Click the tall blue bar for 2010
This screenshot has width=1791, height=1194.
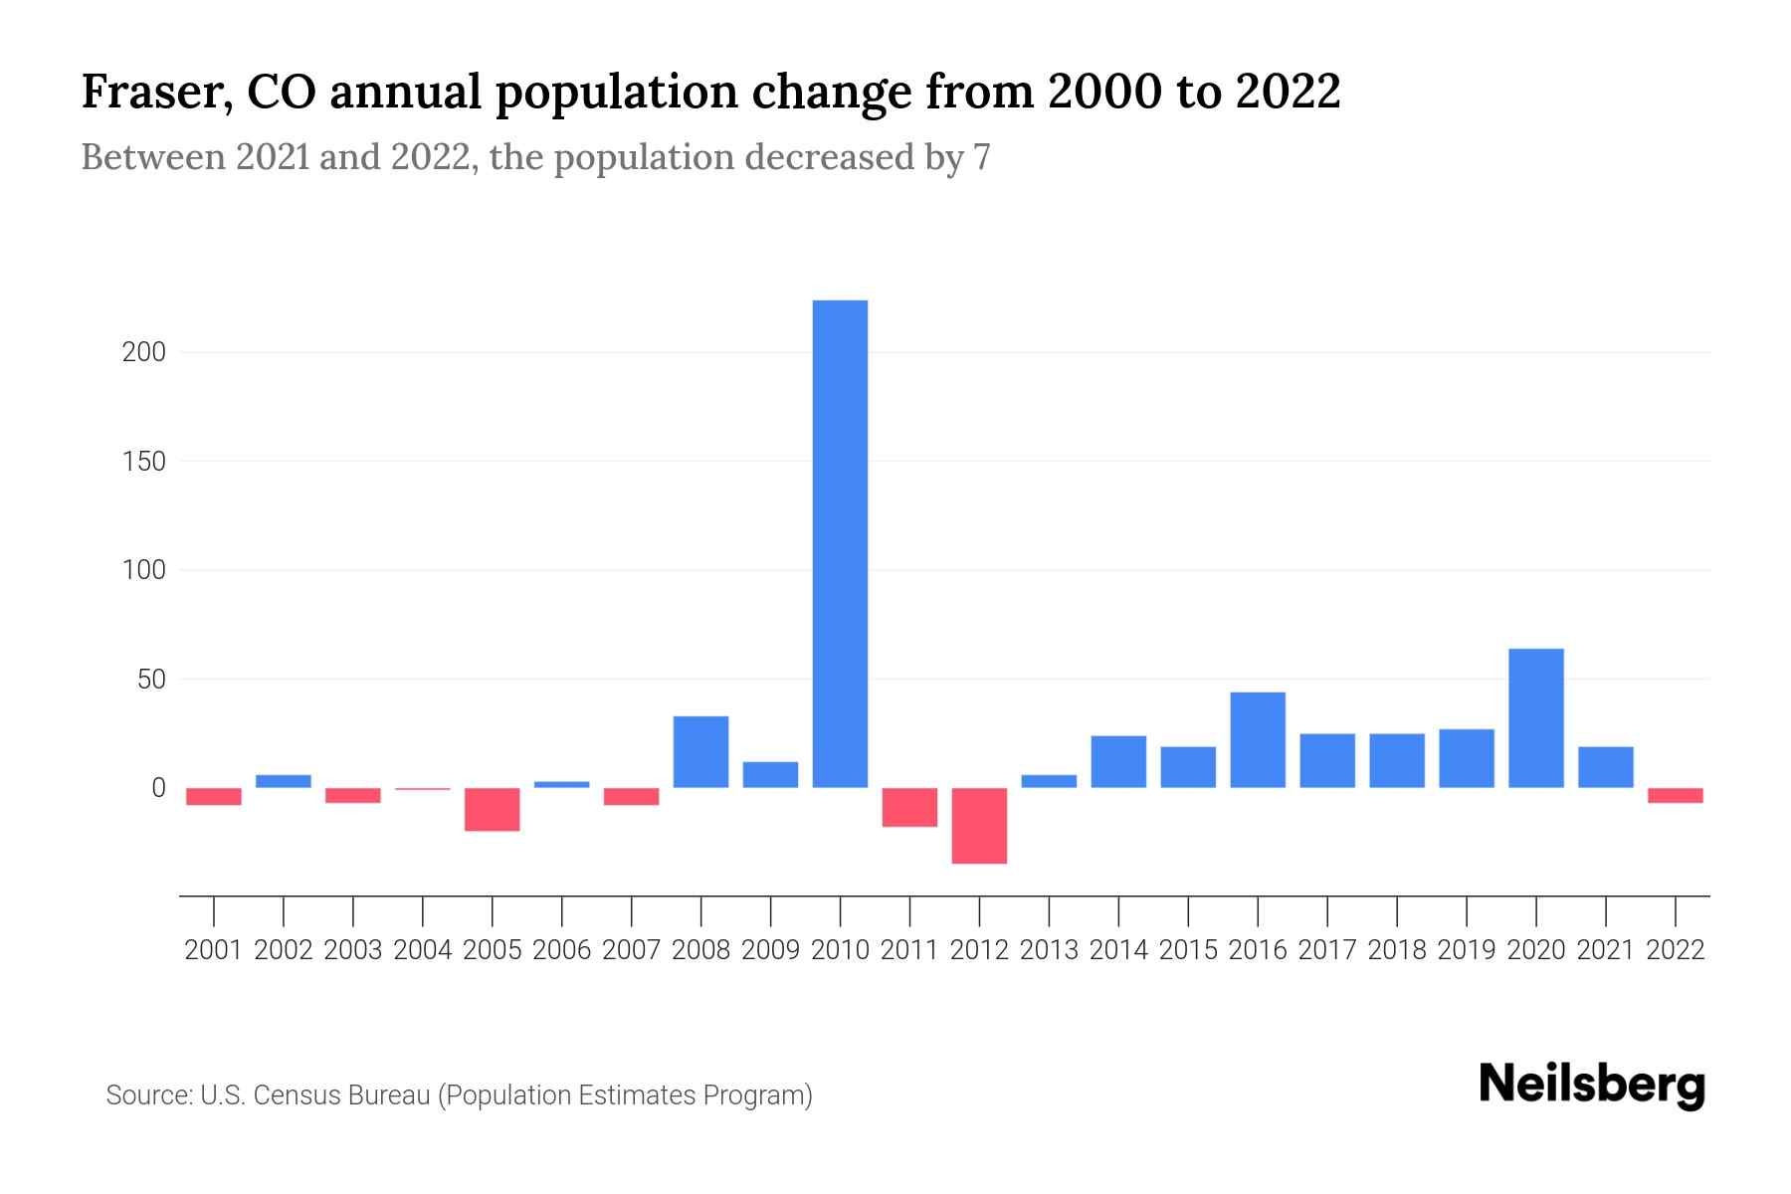840,543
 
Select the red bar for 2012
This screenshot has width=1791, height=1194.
979,826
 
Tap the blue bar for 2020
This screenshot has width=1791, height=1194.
1535,718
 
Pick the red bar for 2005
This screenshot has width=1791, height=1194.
493,809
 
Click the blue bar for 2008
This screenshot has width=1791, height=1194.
700,752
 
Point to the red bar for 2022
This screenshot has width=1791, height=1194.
1675,795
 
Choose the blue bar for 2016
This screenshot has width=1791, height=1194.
1258,740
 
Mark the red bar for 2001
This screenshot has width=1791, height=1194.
214,796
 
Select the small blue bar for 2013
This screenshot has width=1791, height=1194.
1049,781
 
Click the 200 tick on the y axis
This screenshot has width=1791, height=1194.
143,352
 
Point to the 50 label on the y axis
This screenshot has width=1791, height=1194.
150,680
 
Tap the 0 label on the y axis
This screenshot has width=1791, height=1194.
158,788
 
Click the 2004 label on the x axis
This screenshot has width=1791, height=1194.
423,950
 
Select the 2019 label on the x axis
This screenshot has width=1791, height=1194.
1466,950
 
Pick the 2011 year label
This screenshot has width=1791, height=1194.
909,950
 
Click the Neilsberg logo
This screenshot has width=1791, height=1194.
1592,1085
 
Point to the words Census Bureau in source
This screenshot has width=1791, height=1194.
343,1095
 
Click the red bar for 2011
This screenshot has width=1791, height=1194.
909,807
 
